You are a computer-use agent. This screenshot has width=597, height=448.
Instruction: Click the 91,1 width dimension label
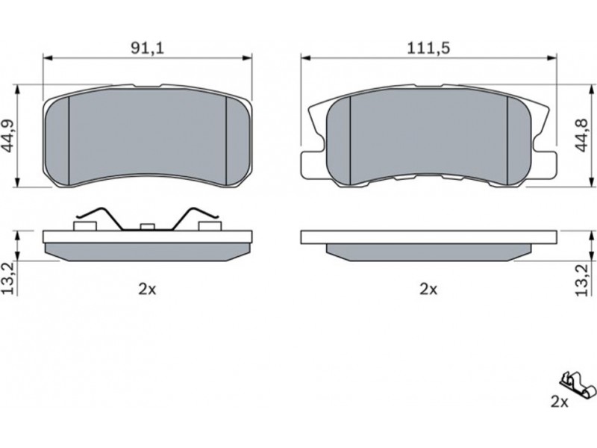pos(147,48)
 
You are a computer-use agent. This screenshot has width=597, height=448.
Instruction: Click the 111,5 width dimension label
pos(428,48)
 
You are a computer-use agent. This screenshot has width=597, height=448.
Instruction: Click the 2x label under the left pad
pos(147,290)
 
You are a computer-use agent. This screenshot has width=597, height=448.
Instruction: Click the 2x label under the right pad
pos(428,290)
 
